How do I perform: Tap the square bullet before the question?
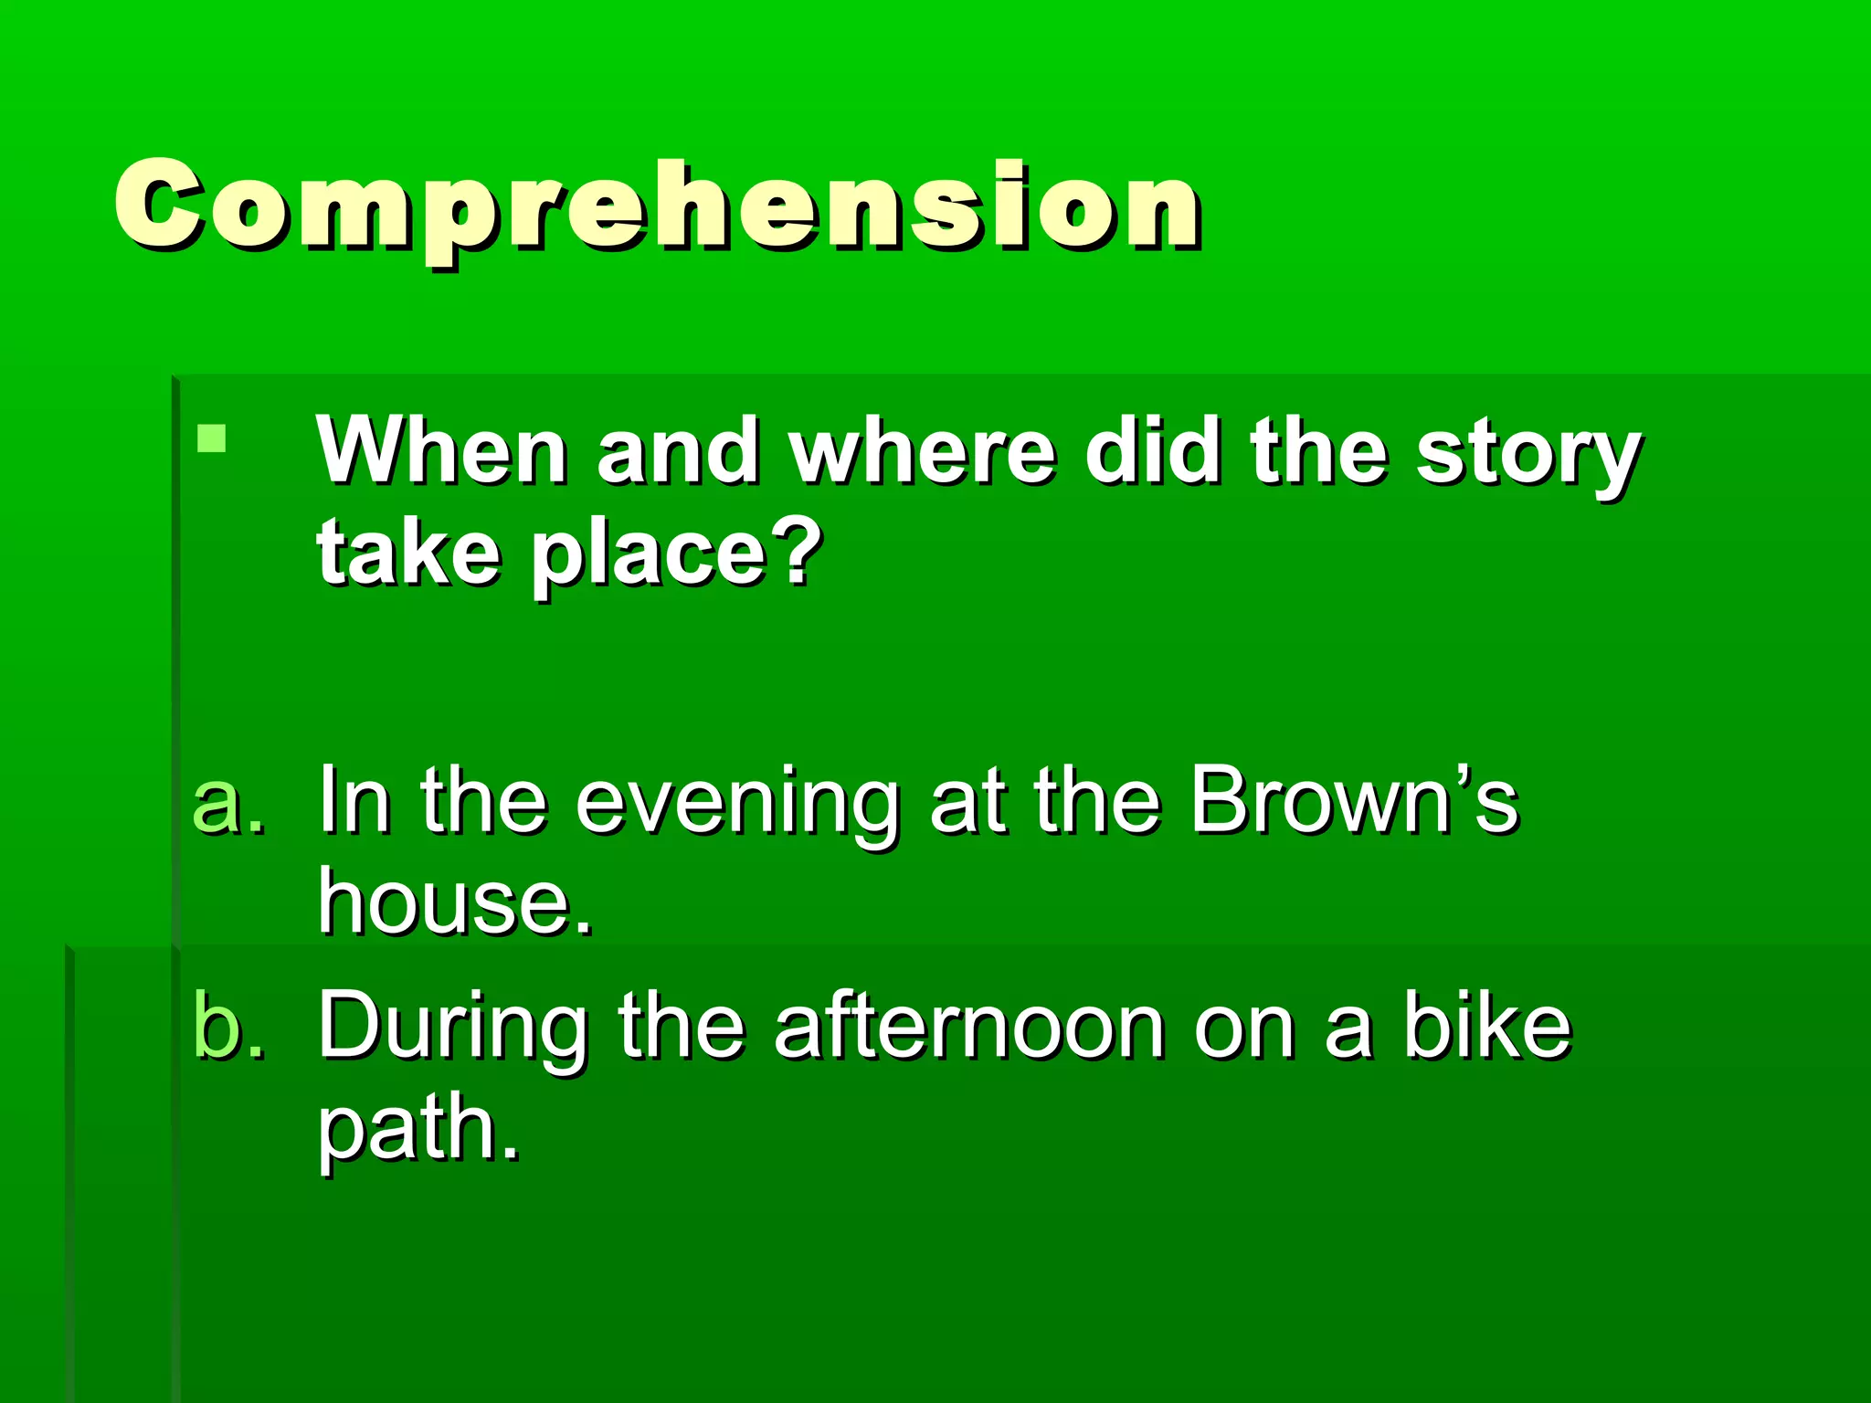[211, 438]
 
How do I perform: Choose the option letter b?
[228, 1028]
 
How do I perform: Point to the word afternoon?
[969, 1028]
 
